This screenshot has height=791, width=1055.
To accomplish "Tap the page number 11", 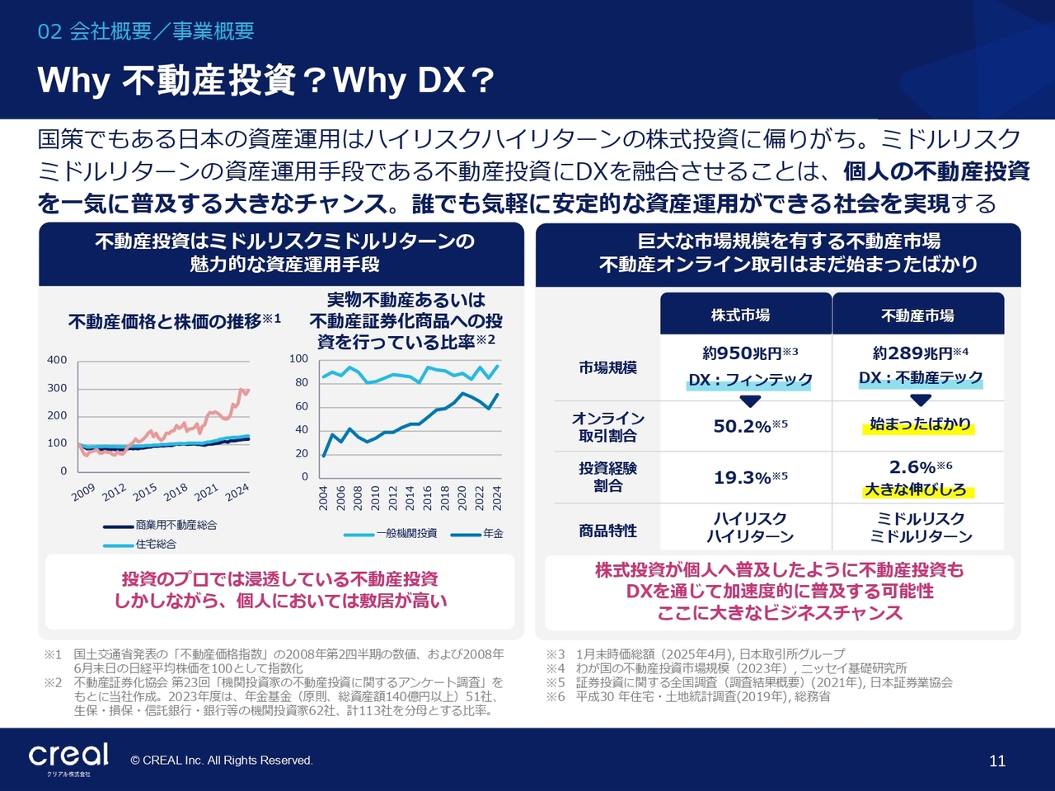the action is pos(997,761).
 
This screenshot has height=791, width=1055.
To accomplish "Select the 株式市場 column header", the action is pos(740,315).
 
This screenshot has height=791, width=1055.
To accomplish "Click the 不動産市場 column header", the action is pos(917,316).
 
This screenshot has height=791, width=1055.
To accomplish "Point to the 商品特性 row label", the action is pos(607,531).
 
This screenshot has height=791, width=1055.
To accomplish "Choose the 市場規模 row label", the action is pos(607,367).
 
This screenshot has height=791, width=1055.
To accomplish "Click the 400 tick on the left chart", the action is pos(57,360).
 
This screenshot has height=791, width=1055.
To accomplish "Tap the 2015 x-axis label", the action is pos(145,492).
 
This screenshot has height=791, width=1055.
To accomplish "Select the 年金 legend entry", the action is pos(493,533).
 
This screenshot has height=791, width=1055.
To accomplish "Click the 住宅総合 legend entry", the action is pos(156,544).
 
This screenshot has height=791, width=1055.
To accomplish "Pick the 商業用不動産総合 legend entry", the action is pos(176,525).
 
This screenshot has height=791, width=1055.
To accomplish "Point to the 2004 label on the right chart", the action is pos(323,498).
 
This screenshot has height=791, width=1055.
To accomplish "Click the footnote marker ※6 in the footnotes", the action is pos(556,696).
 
